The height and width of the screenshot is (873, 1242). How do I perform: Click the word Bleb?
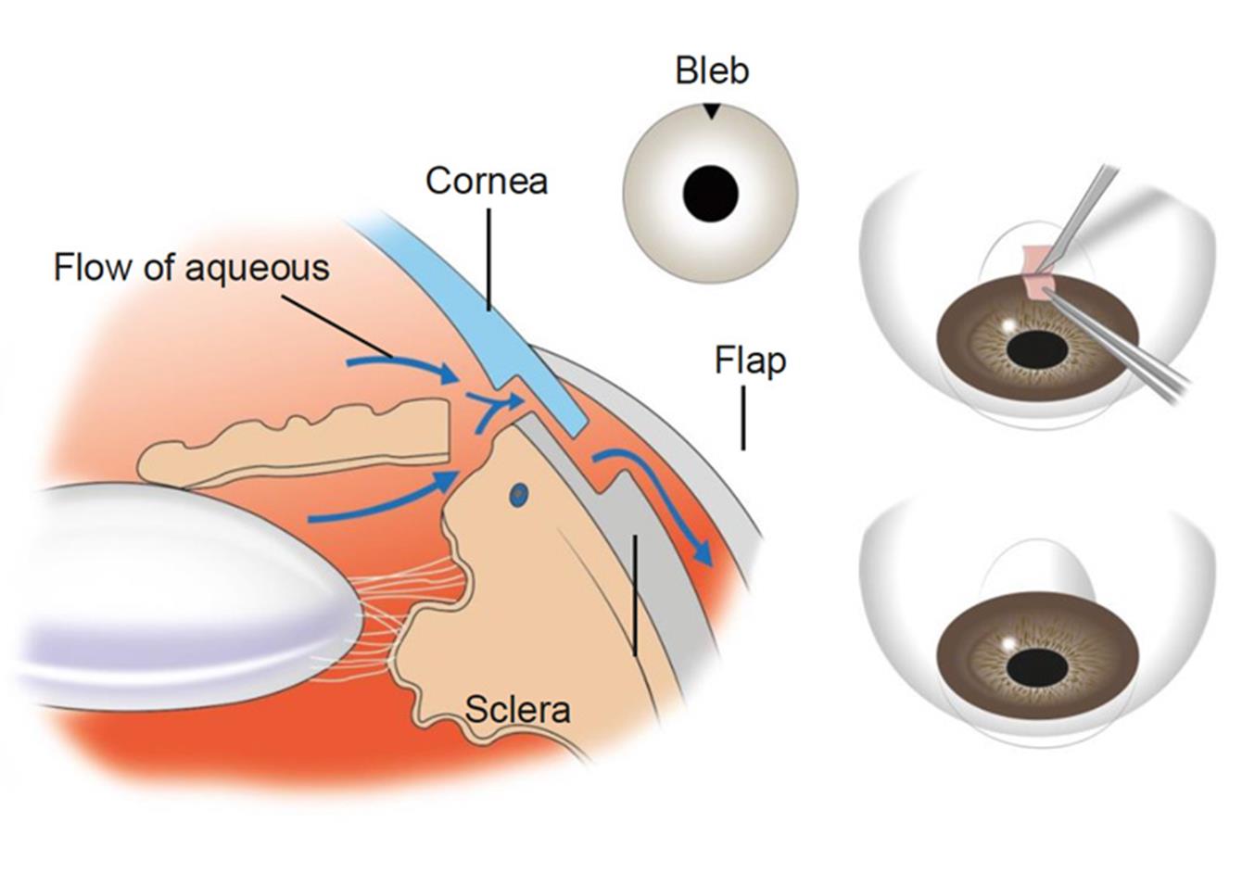coord(712,71)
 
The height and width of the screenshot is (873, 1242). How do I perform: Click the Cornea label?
coord(487,180)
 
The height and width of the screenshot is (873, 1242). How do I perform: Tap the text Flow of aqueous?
coord(191,267)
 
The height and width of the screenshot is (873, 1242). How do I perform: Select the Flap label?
coord(750,361)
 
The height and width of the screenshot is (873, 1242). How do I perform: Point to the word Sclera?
coord(517,710)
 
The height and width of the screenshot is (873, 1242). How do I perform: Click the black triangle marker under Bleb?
coord(711,110)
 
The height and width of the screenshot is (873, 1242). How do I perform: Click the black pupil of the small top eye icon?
coord(710,193)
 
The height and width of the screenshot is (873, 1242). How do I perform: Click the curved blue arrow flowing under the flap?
coord(667,500)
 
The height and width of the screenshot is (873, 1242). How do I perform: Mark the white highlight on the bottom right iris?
coord(1008,643)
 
